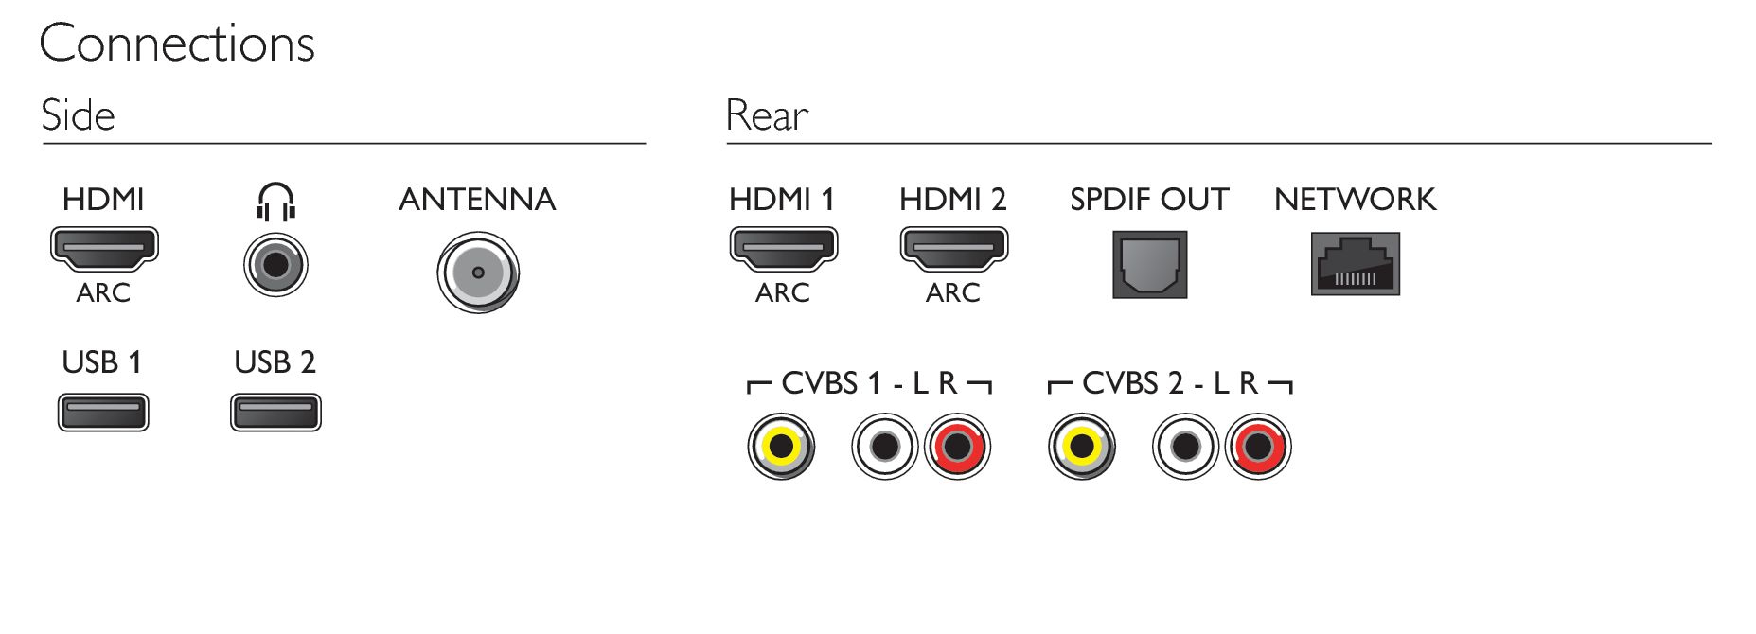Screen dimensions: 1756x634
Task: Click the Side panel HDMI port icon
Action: pyautogui.click(x=103, y=249)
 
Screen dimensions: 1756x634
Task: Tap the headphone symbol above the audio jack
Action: pyautogui.click(x=275, y=202)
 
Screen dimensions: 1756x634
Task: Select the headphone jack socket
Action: pyautogui.click(x=275, y=264)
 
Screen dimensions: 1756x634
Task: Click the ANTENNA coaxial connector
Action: pyautogui.click(x=478, y=273)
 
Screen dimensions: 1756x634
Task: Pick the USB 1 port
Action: pyautogui.click(x=103, y=413)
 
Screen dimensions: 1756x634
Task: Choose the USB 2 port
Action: pyautogui.click(x=275, y=413)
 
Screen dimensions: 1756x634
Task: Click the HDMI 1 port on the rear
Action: pyautogui.click(x=783, y=249)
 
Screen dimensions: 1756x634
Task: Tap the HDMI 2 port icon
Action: pyautogui.click(x=953, y=249)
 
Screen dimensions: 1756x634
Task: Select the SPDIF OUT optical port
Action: pyautogui.click(x=1149, y=266)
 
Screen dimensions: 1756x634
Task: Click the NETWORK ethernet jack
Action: pyautogui.click(x=1355, y=264)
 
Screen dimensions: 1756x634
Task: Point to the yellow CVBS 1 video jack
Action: pyautogui.click(x=781, y=447)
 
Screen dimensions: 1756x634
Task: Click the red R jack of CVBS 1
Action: pyautogui.click(x=957, y=447)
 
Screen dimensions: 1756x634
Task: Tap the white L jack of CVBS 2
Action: pyautogui.click(x=1186, y=447)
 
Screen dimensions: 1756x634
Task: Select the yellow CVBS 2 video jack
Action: pyautogui.click(x=1082, y=447)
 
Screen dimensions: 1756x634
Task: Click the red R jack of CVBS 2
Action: pyautogui.click(x=1258, y=447)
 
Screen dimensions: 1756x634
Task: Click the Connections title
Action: pyautogui.click(x=177, y=44)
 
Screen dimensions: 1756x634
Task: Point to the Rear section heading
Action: pyautogui.click(x=767, y=115)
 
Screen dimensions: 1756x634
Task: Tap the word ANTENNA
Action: pyautogui.click(x=477, y=200)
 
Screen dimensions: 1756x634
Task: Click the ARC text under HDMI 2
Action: pyautogui.click(x=953, y=292)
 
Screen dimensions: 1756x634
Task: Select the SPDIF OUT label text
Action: pyautogui.click(x=1149, y=200)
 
